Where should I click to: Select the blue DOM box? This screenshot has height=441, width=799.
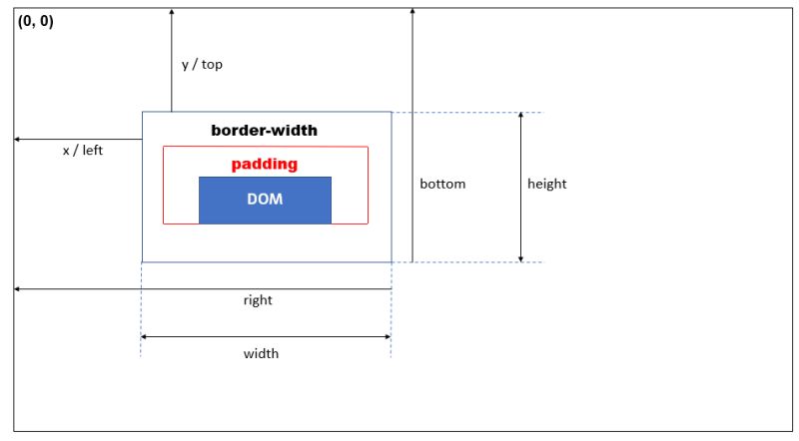click(x=265, y=200)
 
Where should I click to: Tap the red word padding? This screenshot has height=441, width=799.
click(x=265, y=164)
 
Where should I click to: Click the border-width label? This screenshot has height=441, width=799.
click(x=265, y=131)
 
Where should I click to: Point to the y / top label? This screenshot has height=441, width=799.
click(x=202, y=64)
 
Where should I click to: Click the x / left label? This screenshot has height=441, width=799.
click(x=83, y=151)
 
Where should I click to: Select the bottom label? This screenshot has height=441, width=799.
click(x=442, y=184)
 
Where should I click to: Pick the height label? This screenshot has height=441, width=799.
click(x=547, y=184)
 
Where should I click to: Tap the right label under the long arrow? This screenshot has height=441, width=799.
click(x=258, y=299)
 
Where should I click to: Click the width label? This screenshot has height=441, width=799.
click(x=261, y=353)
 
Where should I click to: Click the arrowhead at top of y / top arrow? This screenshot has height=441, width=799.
click(x=171, y=11)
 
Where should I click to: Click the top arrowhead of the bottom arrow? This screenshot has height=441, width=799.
click(x=411, y=11)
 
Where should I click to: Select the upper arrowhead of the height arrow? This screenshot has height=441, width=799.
click(x=520, y=117)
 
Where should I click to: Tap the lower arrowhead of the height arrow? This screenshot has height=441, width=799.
click(x=520, y=257)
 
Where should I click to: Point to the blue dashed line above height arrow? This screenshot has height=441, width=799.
click(x=469, y=112)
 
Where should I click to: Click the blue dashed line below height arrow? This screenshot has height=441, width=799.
click(x=469, y=262)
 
